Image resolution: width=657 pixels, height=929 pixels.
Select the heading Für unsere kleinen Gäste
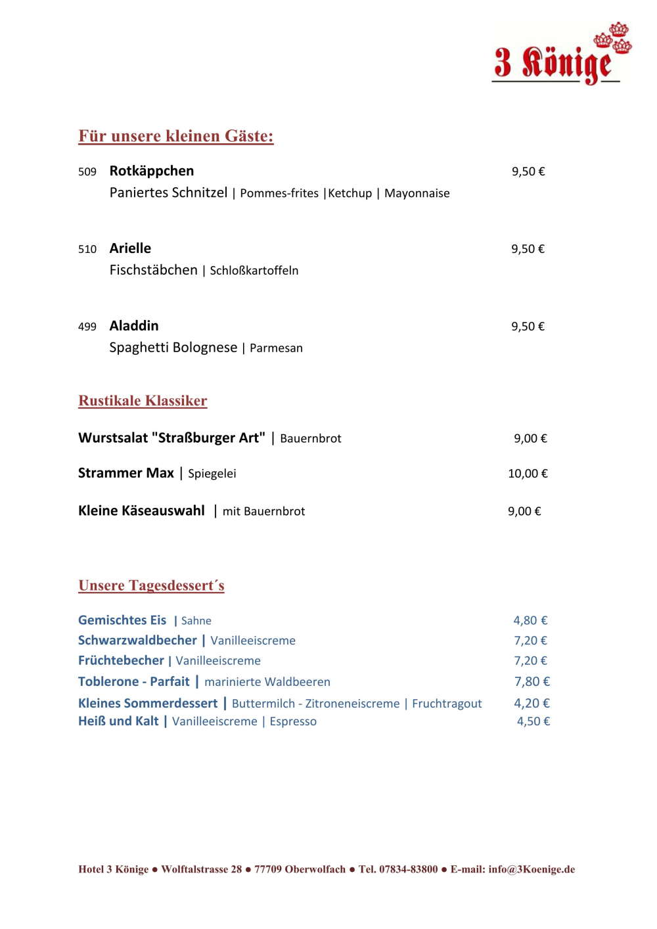point(175,136)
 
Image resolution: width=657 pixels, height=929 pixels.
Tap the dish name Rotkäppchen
point(152,171)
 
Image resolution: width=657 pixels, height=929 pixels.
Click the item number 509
point(87,172)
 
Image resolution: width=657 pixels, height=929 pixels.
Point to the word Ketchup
point(350,193)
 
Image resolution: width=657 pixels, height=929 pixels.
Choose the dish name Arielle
point(130,248)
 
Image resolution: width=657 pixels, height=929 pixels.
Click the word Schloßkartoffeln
point(254,271)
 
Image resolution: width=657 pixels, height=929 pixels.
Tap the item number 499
point(87,327)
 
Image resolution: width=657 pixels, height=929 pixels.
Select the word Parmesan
point(276,348)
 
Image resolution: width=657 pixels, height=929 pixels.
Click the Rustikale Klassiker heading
point(143,401)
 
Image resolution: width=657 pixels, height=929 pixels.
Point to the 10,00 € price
point(528,474)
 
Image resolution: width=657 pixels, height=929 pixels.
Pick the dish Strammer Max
point(126,473)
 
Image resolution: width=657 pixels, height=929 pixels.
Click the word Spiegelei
point(212,474)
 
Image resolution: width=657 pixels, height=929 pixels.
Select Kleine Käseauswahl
point(141,510)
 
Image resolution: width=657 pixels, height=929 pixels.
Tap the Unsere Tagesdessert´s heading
point(151,585)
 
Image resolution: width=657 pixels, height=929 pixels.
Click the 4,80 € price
point(530,620)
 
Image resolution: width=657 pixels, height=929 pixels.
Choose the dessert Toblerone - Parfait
point(133,681)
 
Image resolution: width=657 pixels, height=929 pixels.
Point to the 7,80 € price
point(532,682)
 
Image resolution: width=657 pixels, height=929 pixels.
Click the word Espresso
point(293,721)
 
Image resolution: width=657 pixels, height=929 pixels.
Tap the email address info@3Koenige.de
point(532,869)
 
